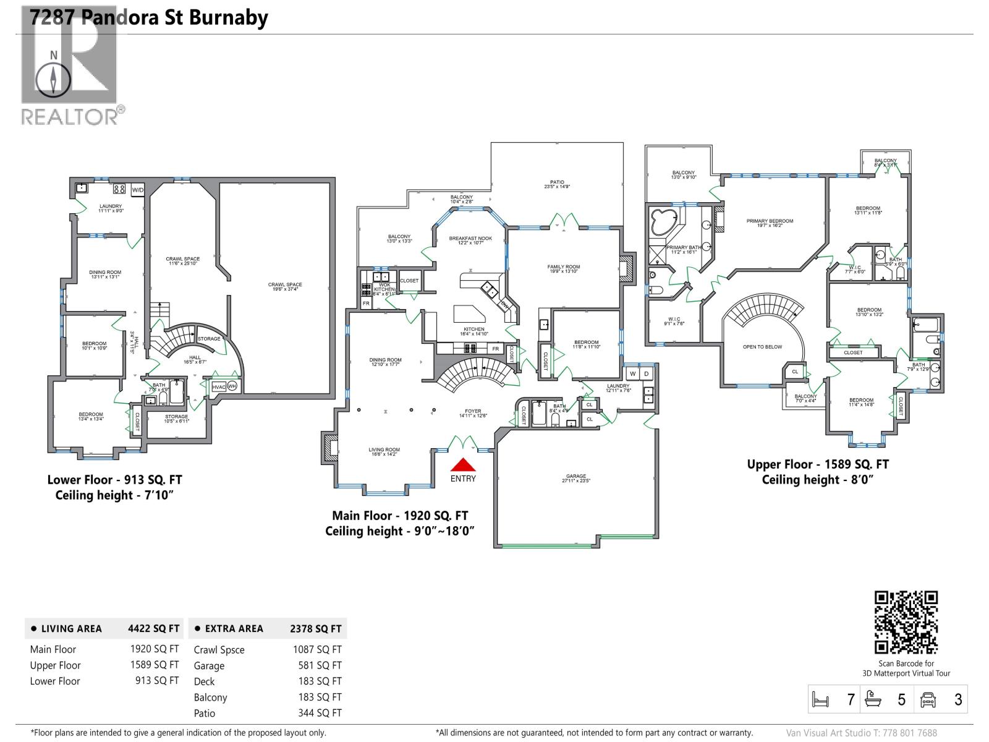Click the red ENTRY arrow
click(462, 465)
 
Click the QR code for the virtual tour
click(906, 622)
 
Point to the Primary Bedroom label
click(770, 223)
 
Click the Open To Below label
click(762, 347)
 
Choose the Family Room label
click(563, 269)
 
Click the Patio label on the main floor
click(556, 184)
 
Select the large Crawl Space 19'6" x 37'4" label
click(285, 287)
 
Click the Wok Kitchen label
click(384, 288)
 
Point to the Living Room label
click(384, 452)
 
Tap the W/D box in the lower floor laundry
click(138, 189)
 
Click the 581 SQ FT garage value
click(320, 666)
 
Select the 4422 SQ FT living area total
click(153, 629)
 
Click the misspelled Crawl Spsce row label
click(219, 650)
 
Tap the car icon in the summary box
click(928, 699)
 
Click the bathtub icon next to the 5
click(872, 699)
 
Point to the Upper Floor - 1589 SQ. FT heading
click(817, 464)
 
